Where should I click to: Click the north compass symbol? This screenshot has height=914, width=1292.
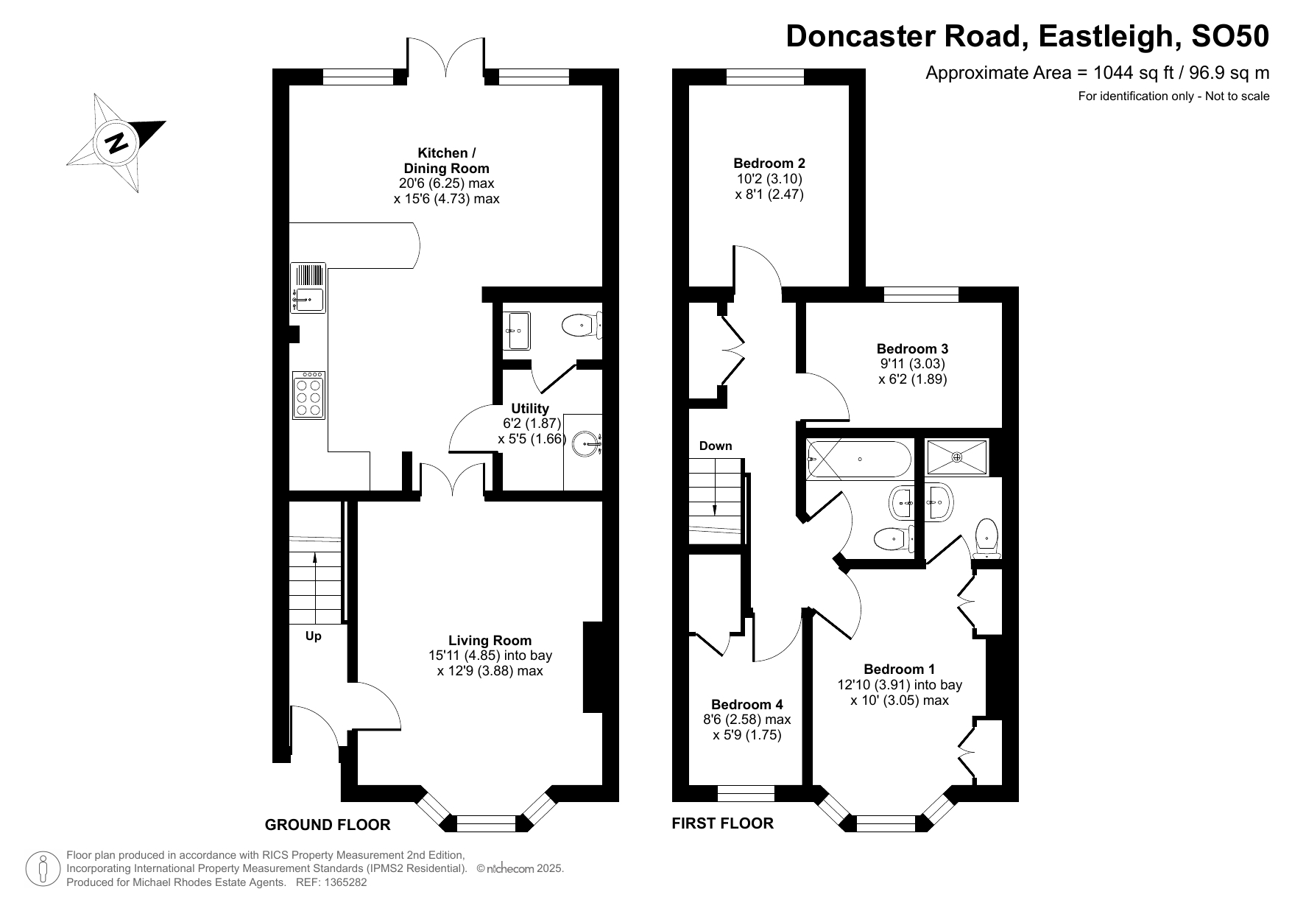[116, 142]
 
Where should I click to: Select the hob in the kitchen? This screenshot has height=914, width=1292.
[308, 395]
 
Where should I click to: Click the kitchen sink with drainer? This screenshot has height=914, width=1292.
[308, 287]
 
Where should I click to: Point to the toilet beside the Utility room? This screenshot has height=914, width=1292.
[582, 325]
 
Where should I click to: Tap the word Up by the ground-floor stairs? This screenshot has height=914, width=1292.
[314, 636]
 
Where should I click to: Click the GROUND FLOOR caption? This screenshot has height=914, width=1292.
[328, 825]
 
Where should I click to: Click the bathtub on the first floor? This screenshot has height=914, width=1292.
[859, 460]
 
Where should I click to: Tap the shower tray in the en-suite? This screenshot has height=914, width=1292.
[957, 457]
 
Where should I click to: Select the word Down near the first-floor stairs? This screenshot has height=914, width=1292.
[716, 446]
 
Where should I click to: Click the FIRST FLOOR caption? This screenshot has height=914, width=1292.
[723, 823]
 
